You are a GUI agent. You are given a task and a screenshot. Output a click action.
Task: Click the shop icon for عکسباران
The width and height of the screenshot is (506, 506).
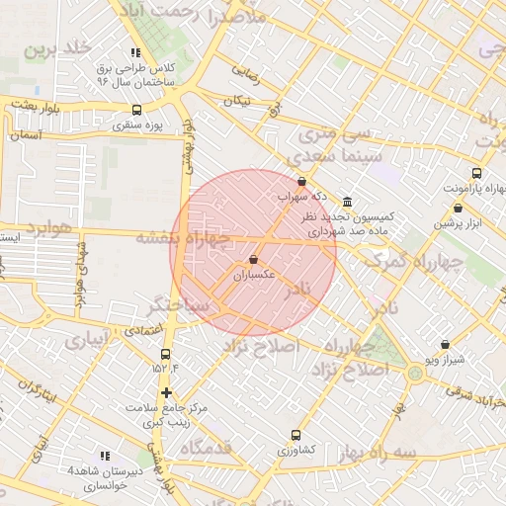[x=254, y=260]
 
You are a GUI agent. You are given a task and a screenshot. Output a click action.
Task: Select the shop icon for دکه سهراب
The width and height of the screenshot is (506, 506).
[x=301, y=181]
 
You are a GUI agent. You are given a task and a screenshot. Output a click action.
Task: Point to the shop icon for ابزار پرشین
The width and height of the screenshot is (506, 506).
[x=458, y=209]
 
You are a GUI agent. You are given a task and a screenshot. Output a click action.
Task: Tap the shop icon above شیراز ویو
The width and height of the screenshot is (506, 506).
[x=446, y=346]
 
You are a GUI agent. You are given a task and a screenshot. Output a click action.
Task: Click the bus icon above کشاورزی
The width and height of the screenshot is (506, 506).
[x=295, y=435]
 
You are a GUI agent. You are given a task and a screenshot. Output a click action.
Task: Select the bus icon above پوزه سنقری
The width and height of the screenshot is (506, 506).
[x=135, y=110]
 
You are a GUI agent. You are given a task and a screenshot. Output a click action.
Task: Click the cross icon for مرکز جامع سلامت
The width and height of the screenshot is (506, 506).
[x=166, y=392]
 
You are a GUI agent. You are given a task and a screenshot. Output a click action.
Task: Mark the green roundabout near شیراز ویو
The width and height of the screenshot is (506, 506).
[x=413, y=373]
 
